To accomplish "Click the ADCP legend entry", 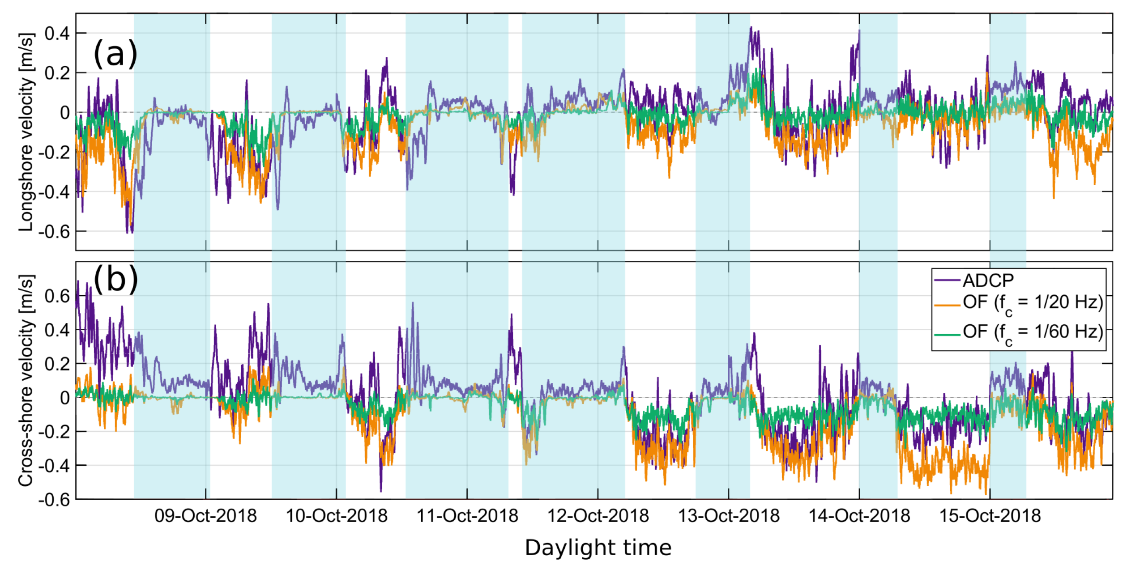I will tap(988, 281).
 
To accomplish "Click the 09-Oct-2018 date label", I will tap(205, 516).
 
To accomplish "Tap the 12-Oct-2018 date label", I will tap(598, 516).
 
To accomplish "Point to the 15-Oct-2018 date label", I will tap(990, 516).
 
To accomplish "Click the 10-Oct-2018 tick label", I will tap(337, 516).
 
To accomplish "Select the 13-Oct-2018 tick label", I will tap(729, 516).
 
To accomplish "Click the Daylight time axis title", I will tap(598, 548).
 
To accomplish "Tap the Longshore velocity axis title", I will tap(26, 132).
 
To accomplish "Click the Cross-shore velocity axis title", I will tap(26, 380).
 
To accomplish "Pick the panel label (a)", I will tap(115, 54).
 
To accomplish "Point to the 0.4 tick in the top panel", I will tap(57, 34).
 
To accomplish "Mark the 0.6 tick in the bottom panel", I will tap(57, 296).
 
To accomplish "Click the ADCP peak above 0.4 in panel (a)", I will tap(751, 28).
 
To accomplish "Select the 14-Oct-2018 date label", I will tap(859, 516).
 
